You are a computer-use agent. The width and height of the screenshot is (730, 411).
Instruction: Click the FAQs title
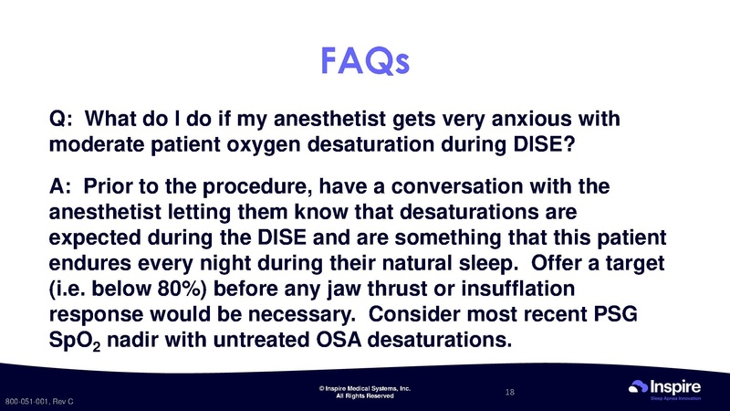364,60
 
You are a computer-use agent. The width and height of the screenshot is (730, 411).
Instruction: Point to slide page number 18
510,392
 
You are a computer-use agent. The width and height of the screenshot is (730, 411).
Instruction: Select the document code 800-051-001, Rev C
39,402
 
